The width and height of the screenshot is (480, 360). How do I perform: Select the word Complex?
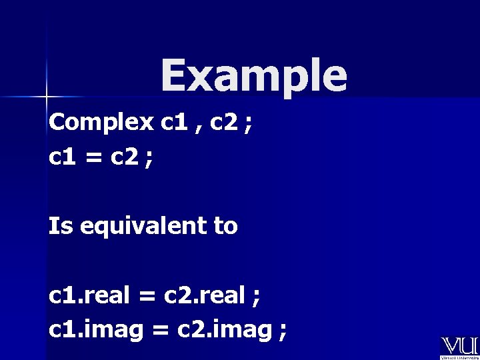pyautogui.click(x=101, y=123)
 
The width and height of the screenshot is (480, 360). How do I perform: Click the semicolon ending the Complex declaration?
pyautogui.click(x=248, y=125)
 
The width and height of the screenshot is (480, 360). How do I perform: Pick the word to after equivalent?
pyautogui.click(x=225, y=227)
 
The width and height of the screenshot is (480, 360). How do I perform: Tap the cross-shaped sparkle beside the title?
pyautogui.click(x=47, y=97)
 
